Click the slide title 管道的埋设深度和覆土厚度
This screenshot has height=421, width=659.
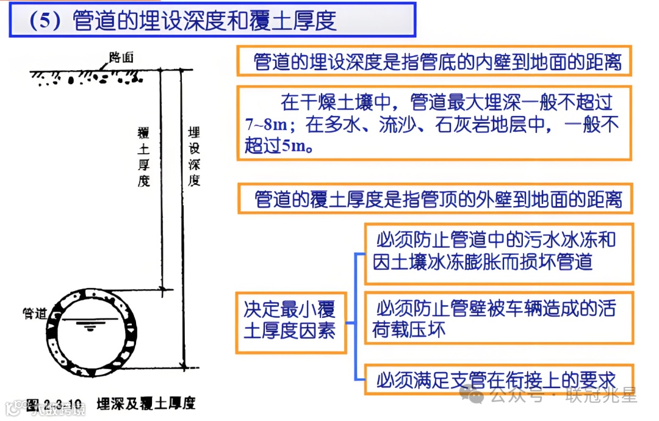204,21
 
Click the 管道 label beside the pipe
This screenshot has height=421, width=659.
35,314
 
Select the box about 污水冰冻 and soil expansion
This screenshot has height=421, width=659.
499,253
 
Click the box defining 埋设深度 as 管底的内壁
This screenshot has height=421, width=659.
434,62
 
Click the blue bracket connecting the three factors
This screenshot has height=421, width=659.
356,317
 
